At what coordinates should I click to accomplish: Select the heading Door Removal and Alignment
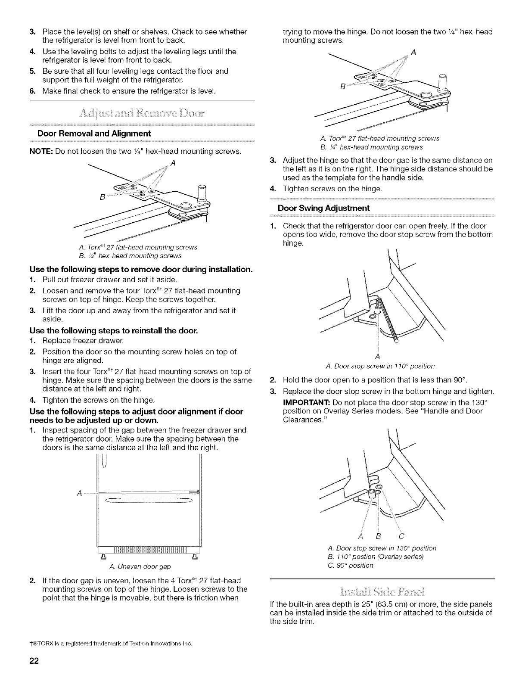click(x=94, y=133)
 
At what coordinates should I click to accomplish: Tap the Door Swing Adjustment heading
click(x=323, y=208)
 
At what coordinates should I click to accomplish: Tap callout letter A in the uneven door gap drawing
click(x=79, y=493)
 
